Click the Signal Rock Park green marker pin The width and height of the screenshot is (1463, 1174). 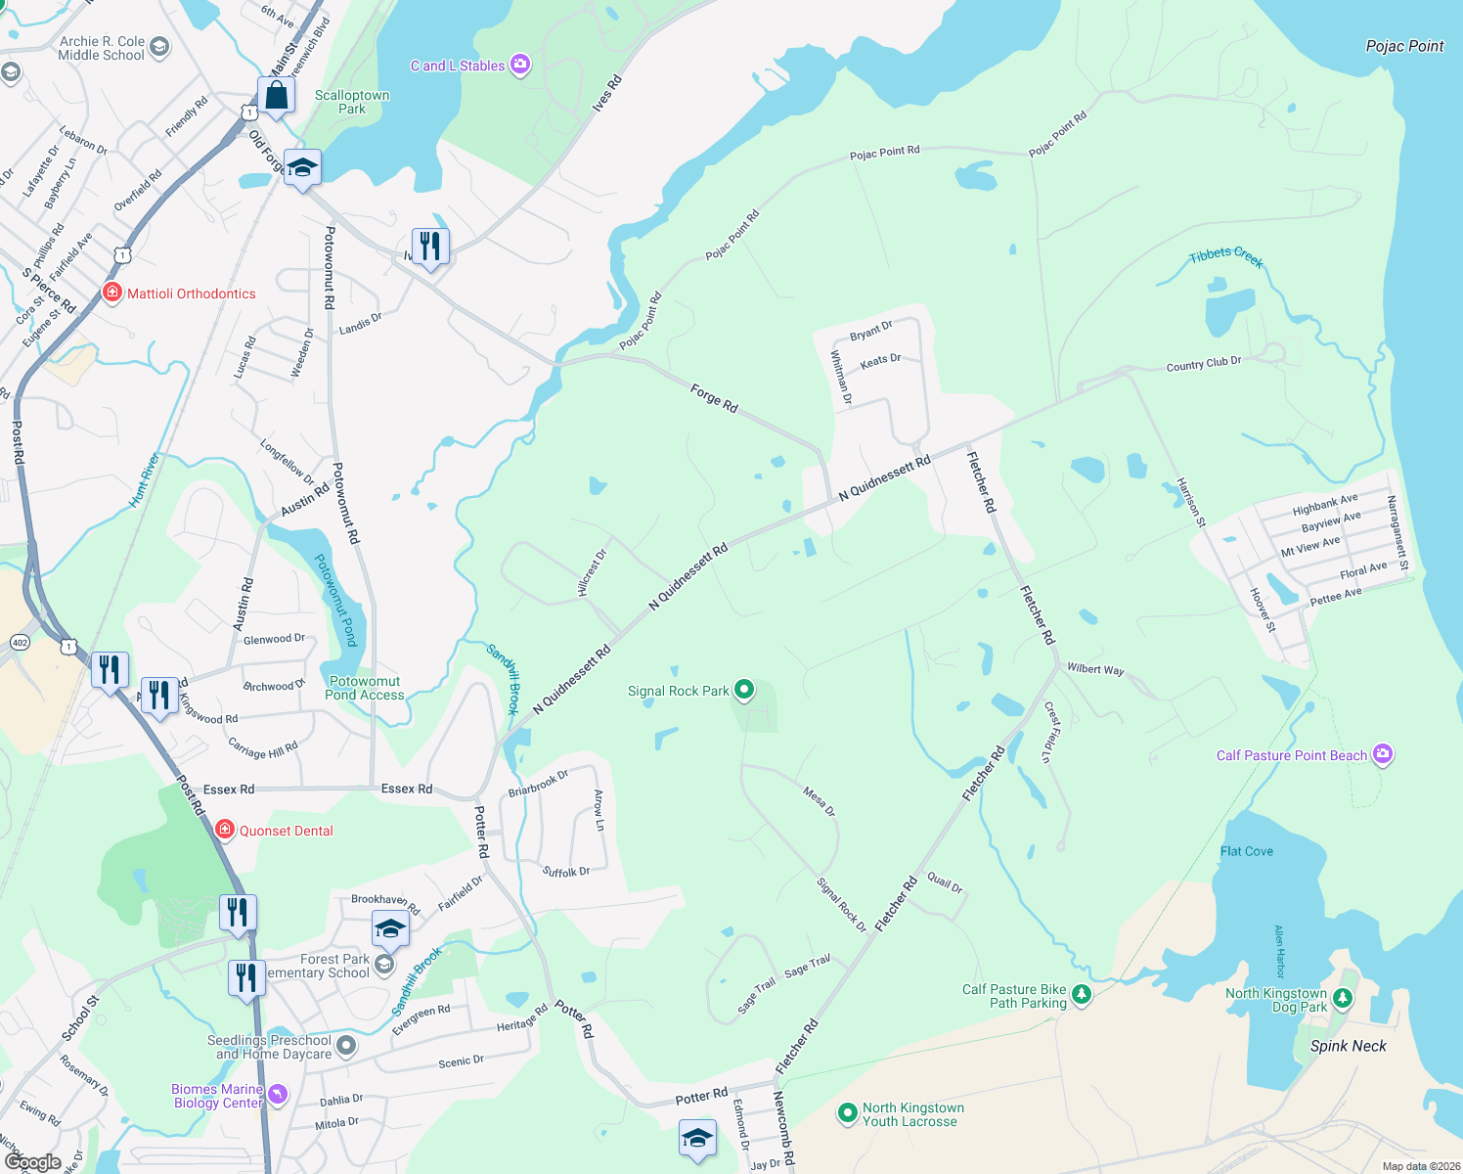pos(744,691)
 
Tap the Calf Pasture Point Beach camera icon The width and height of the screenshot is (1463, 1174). pos(1382,754)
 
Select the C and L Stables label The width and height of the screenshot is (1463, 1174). pos(458,66)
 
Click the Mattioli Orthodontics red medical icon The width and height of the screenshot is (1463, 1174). pos(112,293)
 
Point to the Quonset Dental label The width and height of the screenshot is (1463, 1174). pos(286,831)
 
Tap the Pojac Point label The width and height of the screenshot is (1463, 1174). pos(1404,46)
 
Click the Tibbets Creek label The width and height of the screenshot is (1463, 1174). pos(1226,256)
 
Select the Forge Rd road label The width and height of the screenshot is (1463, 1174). pos(714,398)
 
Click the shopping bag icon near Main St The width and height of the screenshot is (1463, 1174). pos(277,96)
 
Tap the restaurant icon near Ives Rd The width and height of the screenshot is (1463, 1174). pos(430,246)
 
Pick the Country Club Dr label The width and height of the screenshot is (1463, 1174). pos(1203,364)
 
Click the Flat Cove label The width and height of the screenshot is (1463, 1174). pos(1246,851)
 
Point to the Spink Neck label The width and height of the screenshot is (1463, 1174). pos(1348,1046)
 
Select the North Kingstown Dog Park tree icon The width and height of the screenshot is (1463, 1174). pos(1343,998)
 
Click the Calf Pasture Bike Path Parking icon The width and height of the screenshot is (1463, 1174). pos(1081,995)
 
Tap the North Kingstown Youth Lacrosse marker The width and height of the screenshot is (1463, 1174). pos(847,1113)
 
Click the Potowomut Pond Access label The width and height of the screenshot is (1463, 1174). pos(364,688)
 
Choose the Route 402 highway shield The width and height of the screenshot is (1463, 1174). pos(20,642)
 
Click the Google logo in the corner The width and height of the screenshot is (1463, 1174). pos(32,1161)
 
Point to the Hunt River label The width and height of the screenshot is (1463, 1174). pos(145,480)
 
